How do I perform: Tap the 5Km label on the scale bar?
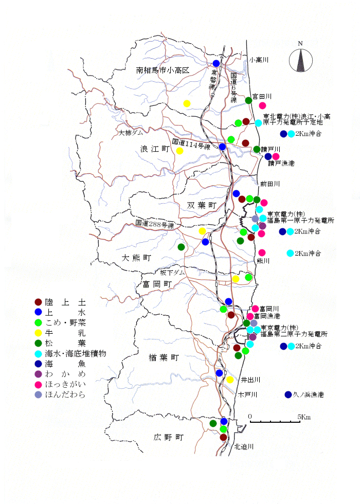coord(303,416)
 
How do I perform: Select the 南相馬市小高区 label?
coord(163,70)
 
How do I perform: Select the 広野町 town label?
coord(168,438)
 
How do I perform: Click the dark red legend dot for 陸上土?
coord(38,302)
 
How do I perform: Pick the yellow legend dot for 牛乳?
coord(38,333)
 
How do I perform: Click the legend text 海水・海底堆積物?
coord(76,354)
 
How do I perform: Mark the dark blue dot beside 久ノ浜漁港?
coord(288,395)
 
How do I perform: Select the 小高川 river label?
coord(259,60)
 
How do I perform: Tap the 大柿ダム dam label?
coord(131,133)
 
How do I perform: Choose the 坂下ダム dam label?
coord(170,272)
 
